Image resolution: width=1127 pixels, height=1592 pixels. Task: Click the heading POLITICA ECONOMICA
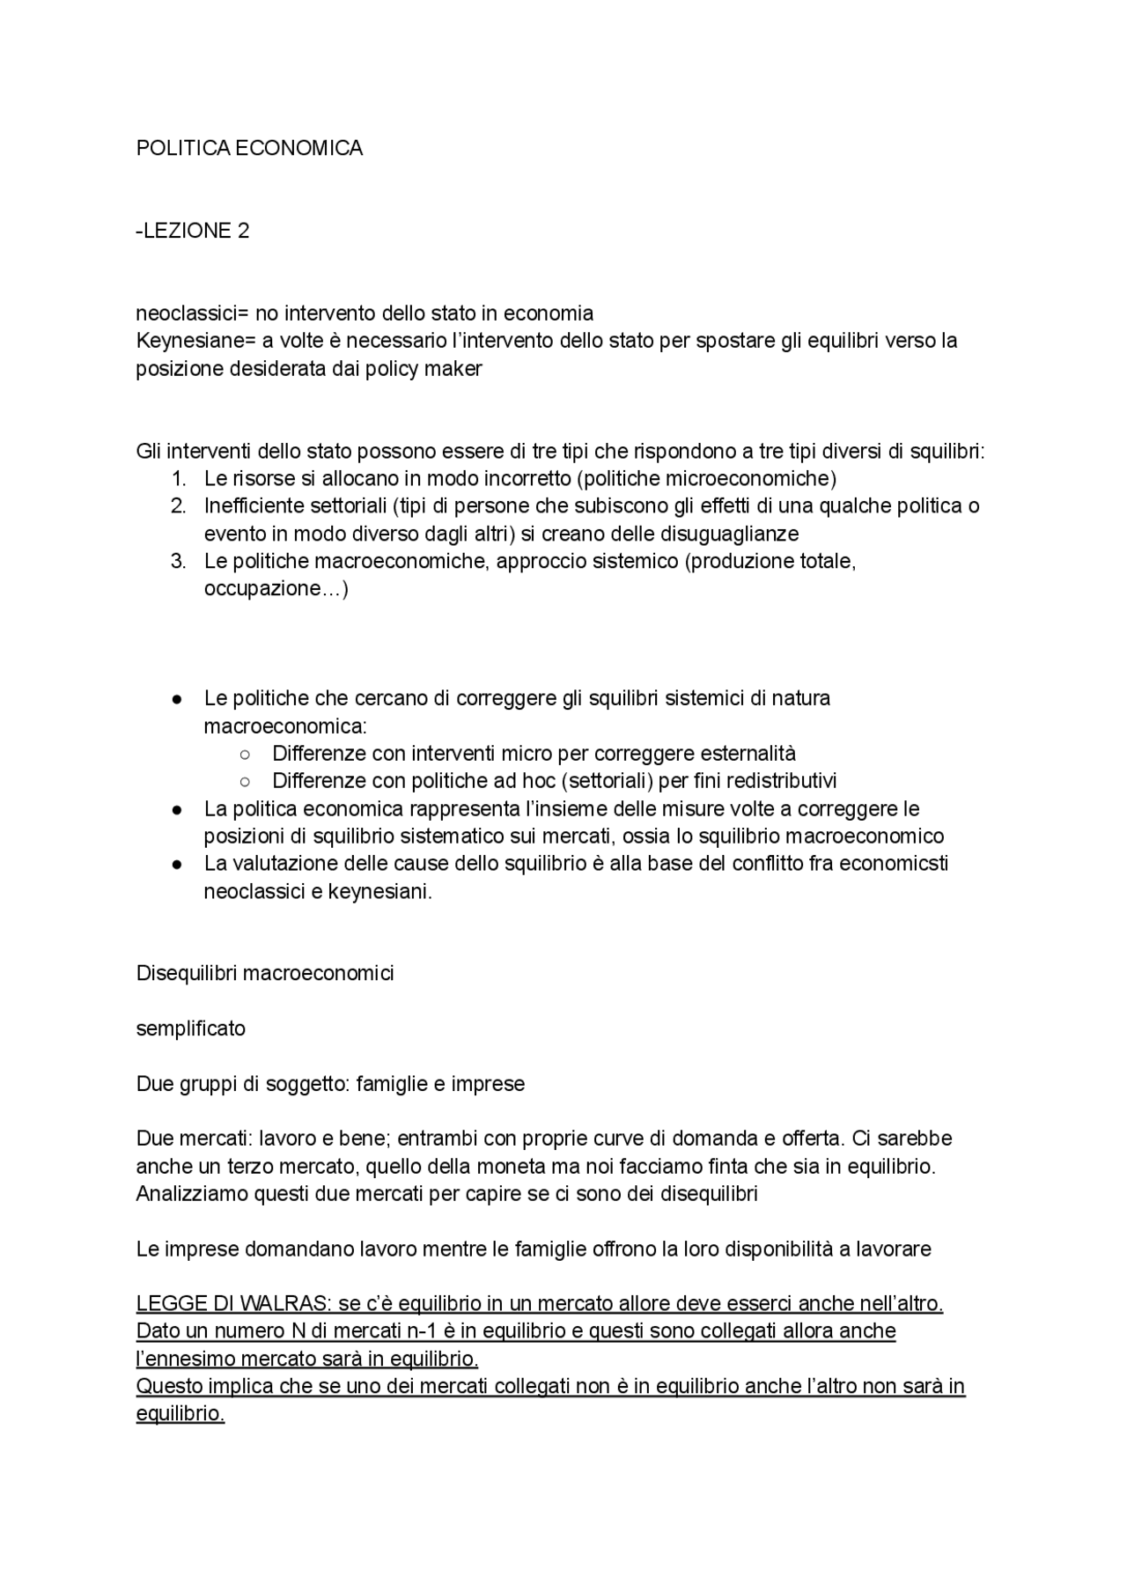coord(249,148)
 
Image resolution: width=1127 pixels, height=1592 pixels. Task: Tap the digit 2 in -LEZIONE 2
coord(243,231)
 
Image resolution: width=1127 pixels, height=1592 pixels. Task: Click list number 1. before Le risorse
coord(179,479)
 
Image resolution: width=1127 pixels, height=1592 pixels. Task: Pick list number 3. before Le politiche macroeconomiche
coord(179,562)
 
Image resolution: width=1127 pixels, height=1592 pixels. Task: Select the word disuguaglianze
coord(723,534)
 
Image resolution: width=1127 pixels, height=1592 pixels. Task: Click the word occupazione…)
coord(276,589)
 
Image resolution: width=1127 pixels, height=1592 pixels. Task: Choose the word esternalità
coord(748,754)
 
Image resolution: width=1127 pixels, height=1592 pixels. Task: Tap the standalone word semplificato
coord(190,1028)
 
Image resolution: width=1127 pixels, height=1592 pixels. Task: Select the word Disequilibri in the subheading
coord(186,973)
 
